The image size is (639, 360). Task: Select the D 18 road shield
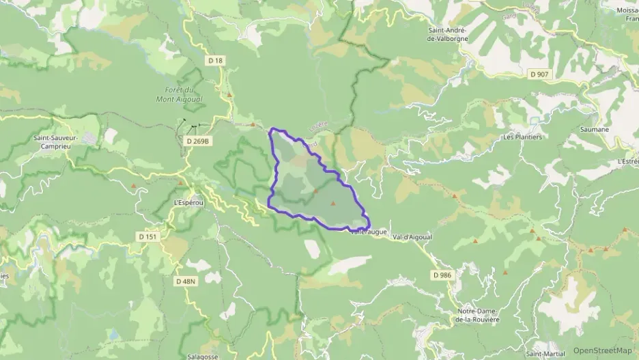[215, 61]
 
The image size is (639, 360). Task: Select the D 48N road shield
[185, 281]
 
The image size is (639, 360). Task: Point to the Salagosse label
[203, 356]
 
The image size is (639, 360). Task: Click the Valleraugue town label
[369, 232]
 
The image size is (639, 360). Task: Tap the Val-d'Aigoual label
[412, 236]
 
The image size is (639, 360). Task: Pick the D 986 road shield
[442, 275]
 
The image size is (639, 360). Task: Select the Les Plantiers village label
[522, 137]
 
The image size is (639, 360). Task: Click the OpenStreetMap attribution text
[603, 350]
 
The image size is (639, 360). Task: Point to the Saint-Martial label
[545, 354]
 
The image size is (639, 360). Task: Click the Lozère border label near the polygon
[318, 127]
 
